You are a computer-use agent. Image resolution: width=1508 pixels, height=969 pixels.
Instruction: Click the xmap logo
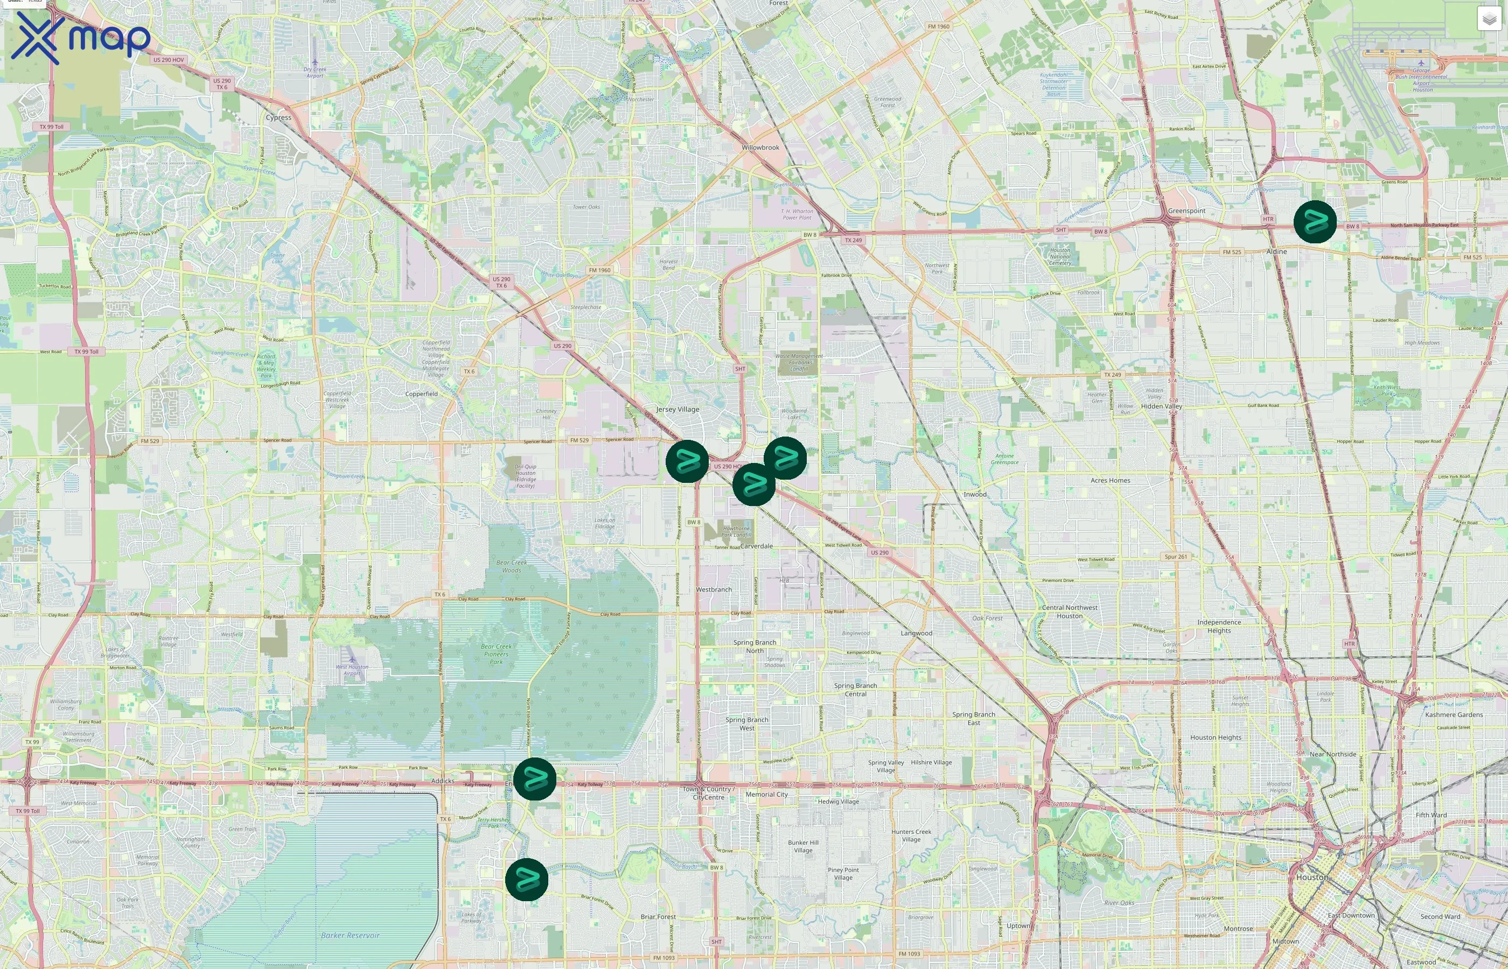tap(81, 38)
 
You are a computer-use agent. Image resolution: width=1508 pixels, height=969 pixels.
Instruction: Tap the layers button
tap(1489, 19)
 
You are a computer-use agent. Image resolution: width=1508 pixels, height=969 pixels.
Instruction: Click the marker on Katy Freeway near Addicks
tap(534, 779)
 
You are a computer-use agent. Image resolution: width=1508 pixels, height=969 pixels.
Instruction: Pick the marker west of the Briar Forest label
tap(527, 879)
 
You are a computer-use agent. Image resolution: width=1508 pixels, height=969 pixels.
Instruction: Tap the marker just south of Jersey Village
tap(687, 461)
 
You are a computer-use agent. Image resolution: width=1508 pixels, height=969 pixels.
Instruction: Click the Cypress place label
tap(278, 118)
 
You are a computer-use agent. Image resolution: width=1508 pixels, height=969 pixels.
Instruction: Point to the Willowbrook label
tap(760, 148)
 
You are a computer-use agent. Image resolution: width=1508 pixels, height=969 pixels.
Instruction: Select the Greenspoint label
tap(1186, 211)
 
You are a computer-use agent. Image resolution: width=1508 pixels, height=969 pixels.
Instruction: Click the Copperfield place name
tap(421, 394)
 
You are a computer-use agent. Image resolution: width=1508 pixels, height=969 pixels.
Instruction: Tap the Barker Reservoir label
tap(350, 935)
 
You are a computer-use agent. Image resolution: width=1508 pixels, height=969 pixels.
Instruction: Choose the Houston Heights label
tap(1216, 738)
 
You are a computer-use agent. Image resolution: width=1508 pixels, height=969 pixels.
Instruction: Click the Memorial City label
tap(766, 794)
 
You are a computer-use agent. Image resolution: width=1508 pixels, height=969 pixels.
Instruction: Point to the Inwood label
tap(975, 494)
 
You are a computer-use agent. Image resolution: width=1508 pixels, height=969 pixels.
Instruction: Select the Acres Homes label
tap(1110, 480)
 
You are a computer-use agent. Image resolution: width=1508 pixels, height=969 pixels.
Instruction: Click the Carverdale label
tap(757, 546)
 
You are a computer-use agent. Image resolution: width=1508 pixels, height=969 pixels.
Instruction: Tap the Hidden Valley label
tap(1161, 406)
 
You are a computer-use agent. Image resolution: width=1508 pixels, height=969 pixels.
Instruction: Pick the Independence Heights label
tap(1218, 626)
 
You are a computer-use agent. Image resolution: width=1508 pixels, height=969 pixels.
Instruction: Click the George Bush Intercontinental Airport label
tap(1421, 80)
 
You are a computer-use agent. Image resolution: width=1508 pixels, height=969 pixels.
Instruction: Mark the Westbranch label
tap(714, 589)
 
